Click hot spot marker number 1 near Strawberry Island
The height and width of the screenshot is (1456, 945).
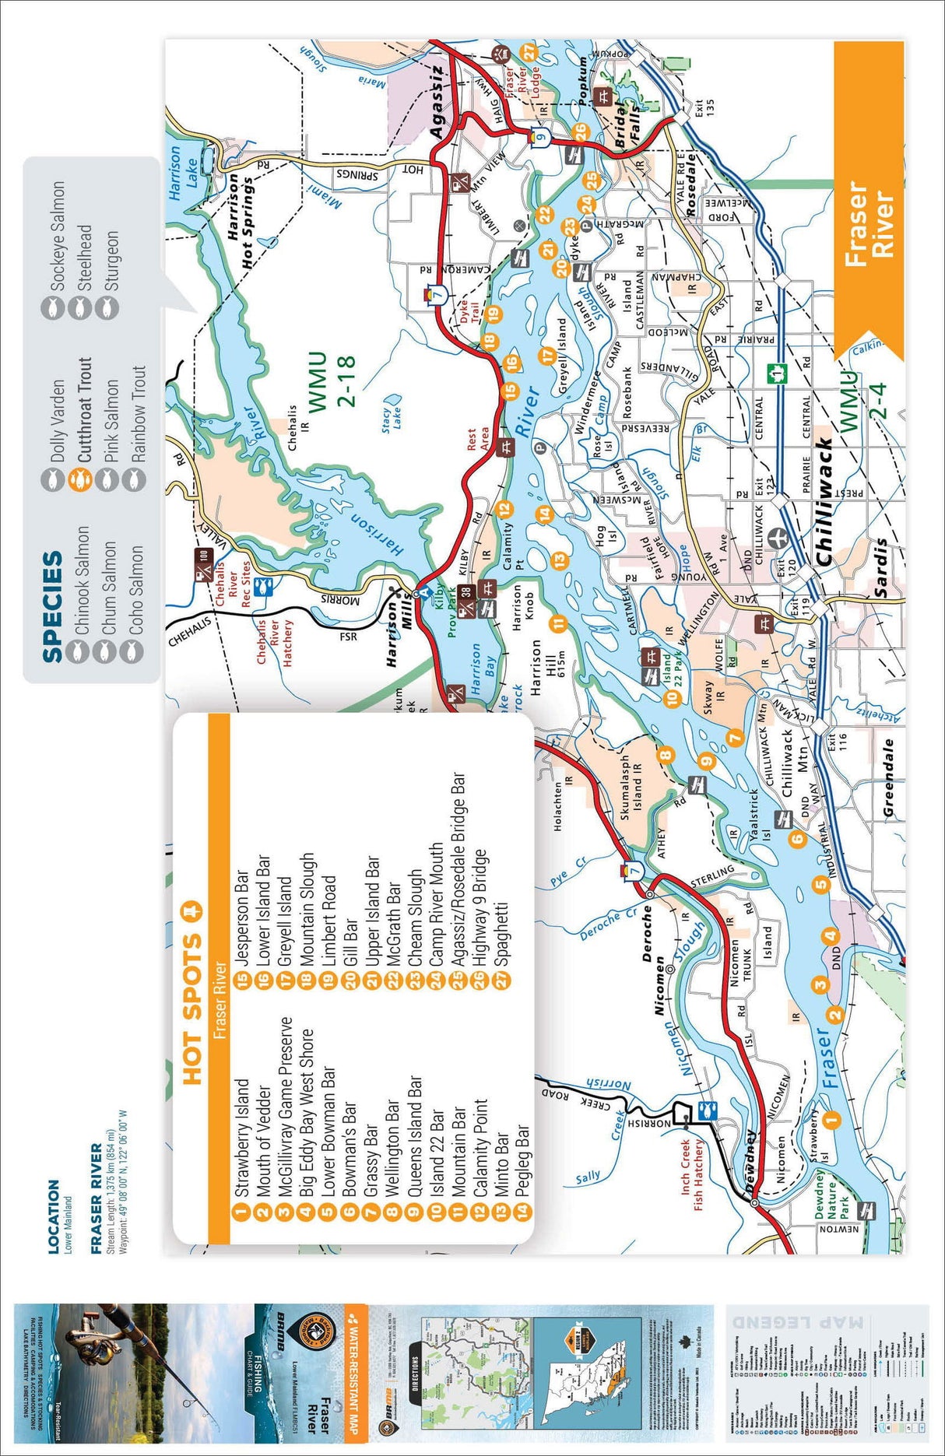point(832,1120)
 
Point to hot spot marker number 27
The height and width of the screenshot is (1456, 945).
point(529,52)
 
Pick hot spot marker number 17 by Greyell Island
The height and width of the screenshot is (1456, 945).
point(548,356)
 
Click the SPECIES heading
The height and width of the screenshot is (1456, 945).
point(52,606)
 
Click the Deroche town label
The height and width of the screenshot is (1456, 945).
point(647,934)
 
